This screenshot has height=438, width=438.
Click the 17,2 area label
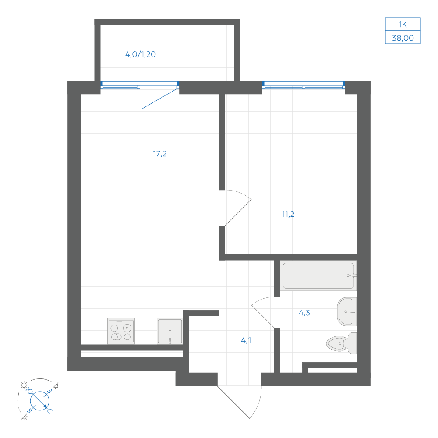pyautogui.click(x=159, y=154)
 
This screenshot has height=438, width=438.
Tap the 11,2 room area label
pyautogui.click(x=288, y=214)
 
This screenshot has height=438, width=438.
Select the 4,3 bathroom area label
pyautogui.click(x=304, y=313)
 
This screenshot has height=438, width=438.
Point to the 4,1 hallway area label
pyautogui.click(x=246, y=340)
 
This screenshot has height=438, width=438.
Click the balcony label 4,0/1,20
pyautogui.click(x=141, y=54)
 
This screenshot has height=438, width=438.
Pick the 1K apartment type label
pyautogui.click(x=403, y=25)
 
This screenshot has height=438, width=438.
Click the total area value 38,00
pyautogui.click(x=403, y=38)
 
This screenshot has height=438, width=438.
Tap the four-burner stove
pyautogui.click(x=121, y=331)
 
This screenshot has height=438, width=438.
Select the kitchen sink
pyautogui.click(x=170, y=331)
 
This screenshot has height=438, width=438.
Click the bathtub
pyautogui.click(x=318, y=276)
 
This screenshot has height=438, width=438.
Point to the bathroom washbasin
pyautogui.click(x=347, y=312)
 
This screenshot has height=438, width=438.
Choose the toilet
pyautogui.click(x=341, y=343)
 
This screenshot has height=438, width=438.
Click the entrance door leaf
pyautogui.click(x=233, y=402)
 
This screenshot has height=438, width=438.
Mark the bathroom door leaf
pyautogui.click(x=263, y=316)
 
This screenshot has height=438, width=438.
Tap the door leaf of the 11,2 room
pyautogui.click(x=238, y=212)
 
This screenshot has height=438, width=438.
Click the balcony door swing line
pyautogui.click(x=160, y=99)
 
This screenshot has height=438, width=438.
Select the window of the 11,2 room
pyautogui.click(x=304, y=85)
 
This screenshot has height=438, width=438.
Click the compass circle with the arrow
pyautogui.click(x=40, y=401)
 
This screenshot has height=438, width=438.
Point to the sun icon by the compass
pyautogui.click(x=24, y=385)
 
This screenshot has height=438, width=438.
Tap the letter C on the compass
pyautogui.click(x=50, y=411)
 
